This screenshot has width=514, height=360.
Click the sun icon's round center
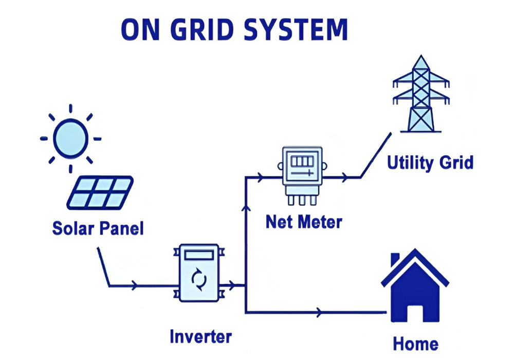pyautogui.click(x=71, y=138)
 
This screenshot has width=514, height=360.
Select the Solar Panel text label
pyautogui.click(x=98, y=228)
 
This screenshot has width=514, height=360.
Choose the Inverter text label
pyautogui.click(x=200, y=337)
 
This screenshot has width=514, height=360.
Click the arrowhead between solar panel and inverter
pyautogui.click(x=135, y=285)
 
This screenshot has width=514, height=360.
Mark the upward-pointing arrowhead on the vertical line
pyautogui.click(x=246, y=207)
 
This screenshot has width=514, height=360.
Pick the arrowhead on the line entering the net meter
pyautogui.click(x=261, y=177)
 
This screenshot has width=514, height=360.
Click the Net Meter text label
pyautogui.click(x=303, y=222)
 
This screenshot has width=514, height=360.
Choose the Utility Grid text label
pyautogui.click(x=430, y=163)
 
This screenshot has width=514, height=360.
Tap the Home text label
pyautogui.click(x=415, y=343)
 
